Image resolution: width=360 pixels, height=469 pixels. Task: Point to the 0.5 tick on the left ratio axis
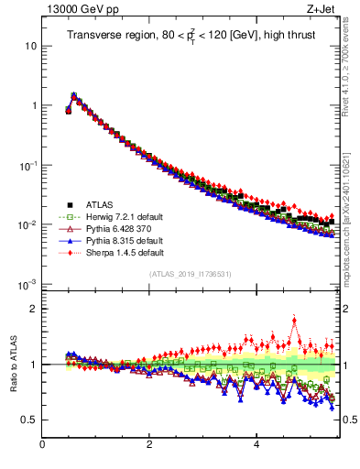click(x=29, y=420)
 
